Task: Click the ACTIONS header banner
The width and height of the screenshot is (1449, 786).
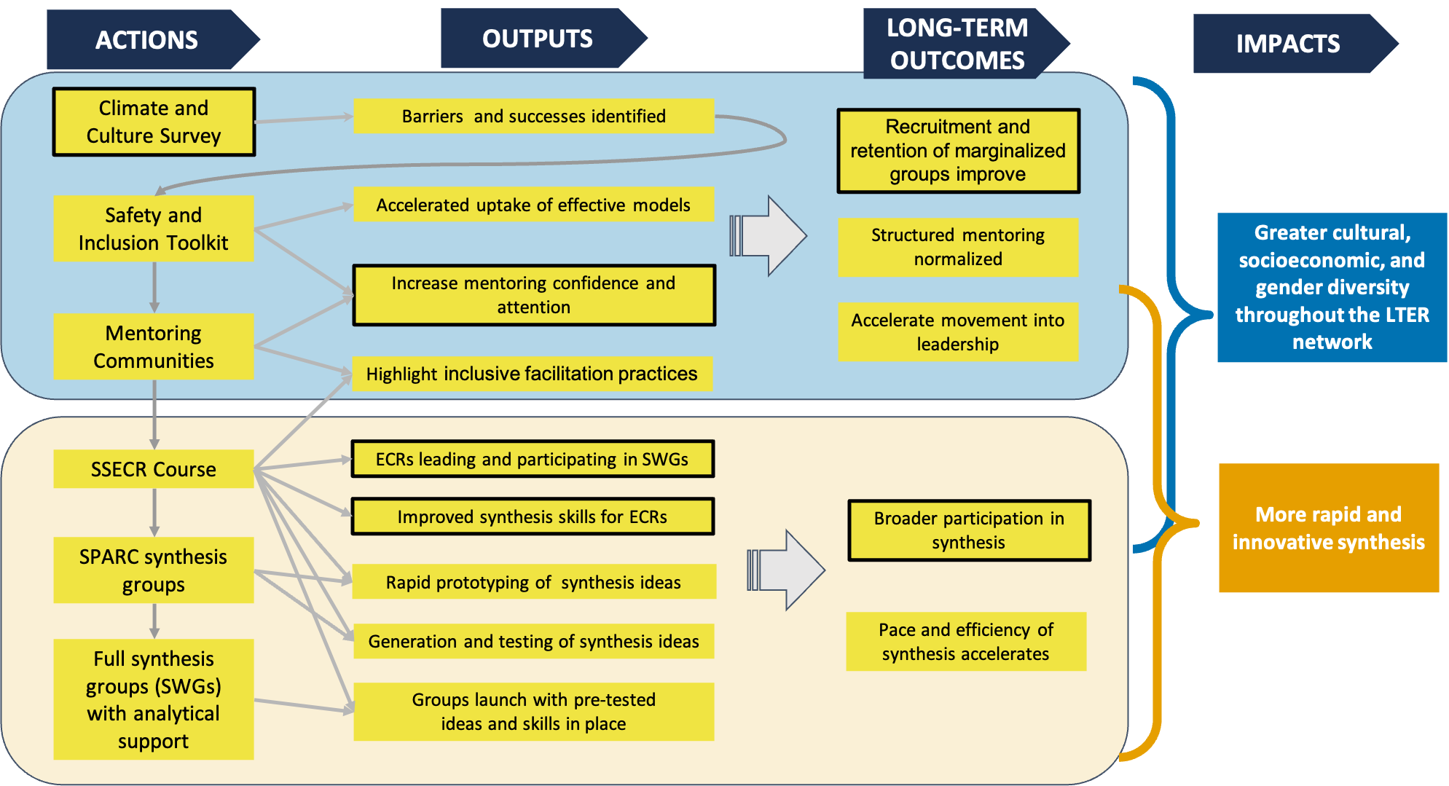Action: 146,40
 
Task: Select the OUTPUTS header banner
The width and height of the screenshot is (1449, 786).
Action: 538,39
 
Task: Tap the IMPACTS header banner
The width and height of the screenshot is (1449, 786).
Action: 1288,44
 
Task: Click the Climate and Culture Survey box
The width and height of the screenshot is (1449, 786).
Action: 154,122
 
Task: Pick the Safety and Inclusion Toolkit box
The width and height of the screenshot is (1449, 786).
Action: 154,229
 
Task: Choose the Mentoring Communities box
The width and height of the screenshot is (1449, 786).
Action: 154,347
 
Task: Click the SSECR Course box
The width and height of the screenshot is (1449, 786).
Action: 154,469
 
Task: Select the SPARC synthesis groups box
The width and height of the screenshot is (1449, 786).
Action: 154,570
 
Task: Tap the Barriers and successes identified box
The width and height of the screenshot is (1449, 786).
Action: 533,117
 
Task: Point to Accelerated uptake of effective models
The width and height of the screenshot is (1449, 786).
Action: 533,205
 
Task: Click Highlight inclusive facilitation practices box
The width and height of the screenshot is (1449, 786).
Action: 532,374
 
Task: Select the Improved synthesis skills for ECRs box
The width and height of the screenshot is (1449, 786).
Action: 533,516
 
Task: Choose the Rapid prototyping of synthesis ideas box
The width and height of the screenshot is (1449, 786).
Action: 533,582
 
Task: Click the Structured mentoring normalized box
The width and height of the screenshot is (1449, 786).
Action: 958,247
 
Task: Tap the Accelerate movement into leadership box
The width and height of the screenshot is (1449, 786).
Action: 958,332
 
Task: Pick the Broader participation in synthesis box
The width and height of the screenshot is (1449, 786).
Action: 969,530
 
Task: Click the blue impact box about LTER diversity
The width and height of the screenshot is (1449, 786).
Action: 1332,287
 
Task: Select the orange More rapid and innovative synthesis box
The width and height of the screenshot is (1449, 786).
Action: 1329,528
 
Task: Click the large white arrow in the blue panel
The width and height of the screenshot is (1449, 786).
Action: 771,236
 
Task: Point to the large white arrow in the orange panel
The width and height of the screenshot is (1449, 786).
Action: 788,570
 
